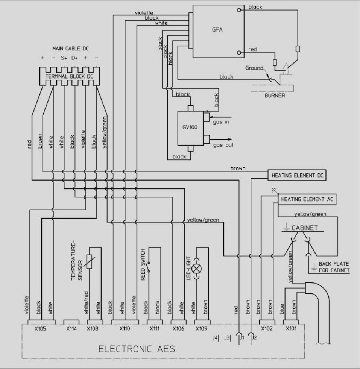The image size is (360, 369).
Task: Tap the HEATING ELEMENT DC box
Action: [x=297, y=176]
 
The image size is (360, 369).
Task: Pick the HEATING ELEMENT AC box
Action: [x=307, y=199]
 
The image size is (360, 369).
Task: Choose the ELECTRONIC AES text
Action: [x=137, y=349]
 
